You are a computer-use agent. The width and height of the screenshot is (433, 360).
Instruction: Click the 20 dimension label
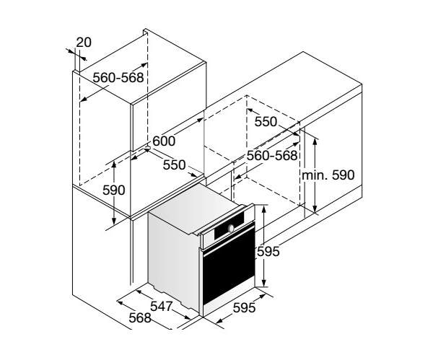click(x=84, y=43)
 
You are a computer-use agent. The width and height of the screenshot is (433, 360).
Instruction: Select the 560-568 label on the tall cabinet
click(x=118, y=78)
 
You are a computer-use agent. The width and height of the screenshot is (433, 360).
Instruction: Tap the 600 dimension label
click(x=164, y=141)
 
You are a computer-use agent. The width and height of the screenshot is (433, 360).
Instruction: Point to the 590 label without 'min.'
click(x=114, y=190)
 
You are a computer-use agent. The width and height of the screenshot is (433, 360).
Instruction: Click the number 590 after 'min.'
click(x=343, y=175)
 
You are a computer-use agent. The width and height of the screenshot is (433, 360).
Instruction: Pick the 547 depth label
click(x=162, y=306)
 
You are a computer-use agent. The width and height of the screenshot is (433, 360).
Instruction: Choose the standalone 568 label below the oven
click(x=140, y=318)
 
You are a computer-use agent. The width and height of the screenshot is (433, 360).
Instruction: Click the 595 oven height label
click(x=268, y=252)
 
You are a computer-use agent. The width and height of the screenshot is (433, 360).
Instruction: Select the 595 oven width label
click(x=245, y=307)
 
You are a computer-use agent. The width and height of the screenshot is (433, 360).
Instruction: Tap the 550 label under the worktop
click(x=266, y=122)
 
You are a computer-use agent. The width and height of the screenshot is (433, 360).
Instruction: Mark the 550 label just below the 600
click(x=174, y=165)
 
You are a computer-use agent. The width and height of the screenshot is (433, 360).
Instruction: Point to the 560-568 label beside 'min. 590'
click(x=272, y=156)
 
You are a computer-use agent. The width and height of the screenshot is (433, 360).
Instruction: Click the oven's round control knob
click(x=231, y=228)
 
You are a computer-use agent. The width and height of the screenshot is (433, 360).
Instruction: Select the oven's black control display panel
click(x=229, y=226)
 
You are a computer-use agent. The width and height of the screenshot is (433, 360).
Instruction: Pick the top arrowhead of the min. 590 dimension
click(x=315, y=141)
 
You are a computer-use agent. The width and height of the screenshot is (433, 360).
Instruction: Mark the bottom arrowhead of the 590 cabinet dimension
click(x=114, y=221)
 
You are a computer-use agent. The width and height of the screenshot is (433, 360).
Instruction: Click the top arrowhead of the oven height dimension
click(x=264, y=209)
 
